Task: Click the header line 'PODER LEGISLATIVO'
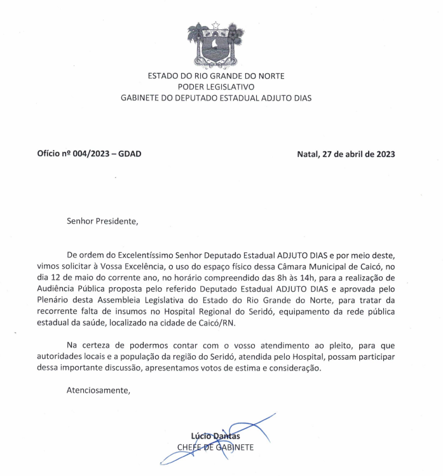coord(216,86)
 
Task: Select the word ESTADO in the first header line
coord(163,76)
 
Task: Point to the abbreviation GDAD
coord(129,154)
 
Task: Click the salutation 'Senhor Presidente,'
coord(102,222)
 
